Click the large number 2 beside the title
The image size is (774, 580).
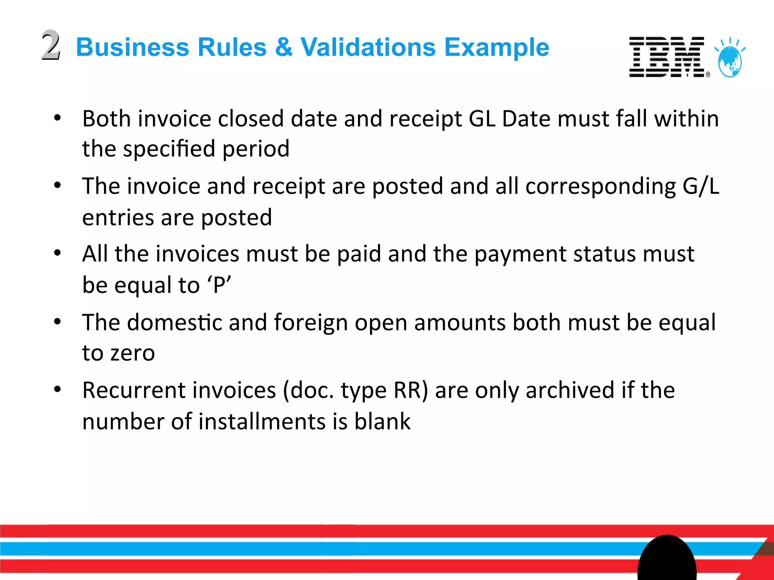click(x=51, y=45)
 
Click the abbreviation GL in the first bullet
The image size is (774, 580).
click(x=482, y=119)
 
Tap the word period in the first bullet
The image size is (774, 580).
click(x=256, y=149)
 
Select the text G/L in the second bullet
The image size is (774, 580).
click(x=701, y=186)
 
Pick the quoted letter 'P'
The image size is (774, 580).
click(x=219, y=285)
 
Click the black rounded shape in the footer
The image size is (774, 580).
click(x=667, y=559)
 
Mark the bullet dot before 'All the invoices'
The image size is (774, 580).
click(x=57, y=253)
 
